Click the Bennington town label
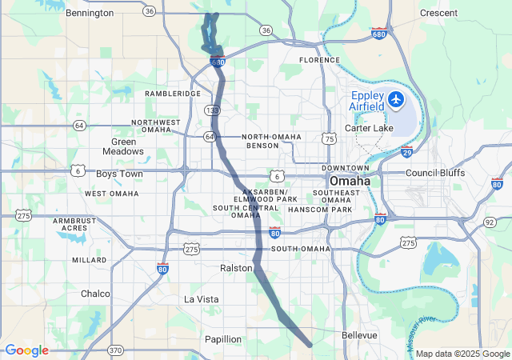(90, 13)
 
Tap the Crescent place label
(438, 13)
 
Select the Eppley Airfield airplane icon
(397, 101)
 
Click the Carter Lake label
(366, 128)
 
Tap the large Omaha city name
(350, 181)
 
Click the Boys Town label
(119, 174)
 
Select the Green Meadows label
(123, 146)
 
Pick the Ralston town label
(236, 268)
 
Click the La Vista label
(201, 299)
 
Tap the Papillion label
(222, 339)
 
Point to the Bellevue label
(359, 335)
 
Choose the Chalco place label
(95, 294)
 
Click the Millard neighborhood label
(89, 260)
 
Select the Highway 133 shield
(212, 110)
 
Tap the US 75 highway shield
(329, 138)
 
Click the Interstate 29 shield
(406, 152)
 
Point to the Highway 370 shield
(116, 350)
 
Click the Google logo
(26, 350)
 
